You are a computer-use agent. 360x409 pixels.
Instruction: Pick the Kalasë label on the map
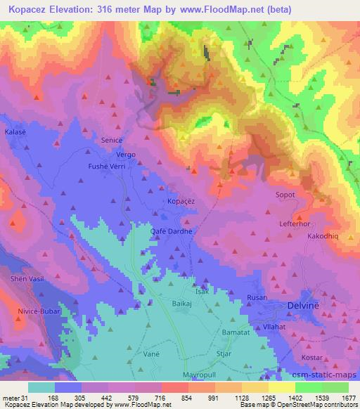click(x=15, y=131)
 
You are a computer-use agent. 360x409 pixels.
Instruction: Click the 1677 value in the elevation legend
click(x=347, y=397)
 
